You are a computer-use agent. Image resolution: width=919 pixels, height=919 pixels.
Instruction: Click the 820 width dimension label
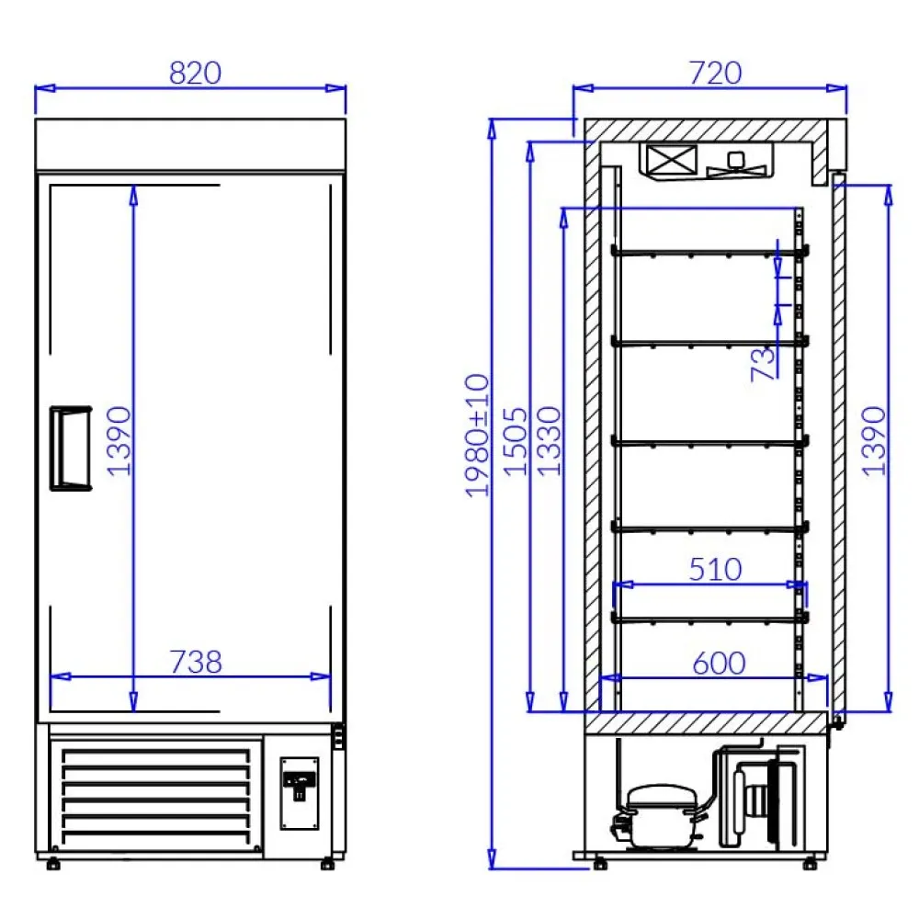coord(195,74)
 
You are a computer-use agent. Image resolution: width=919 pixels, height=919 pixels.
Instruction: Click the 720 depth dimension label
coord(714,74)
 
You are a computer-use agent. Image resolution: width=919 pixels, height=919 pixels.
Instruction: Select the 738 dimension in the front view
coord(196,661)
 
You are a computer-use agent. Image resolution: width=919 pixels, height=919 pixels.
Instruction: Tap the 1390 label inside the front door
coord(119,440)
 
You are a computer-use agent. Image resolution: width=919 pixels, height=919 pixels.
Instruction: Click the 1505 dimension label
coord(517,440)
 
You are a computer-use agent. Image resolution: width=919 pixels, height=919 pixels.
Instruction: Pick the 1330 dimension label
coord(549,440)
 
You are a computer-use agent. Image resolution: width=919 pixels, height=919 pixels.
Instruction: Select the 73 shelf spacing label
coord(763,364)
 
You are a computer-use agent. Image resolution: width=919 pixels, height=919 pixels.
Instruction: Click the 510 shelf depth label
coord(714,569)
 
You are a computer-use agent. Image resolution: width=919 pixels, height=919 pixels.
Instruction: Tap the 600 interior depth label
coord(718,663)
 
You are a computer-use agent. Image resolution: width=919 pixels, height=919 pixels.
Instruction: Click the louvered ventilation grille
coord(156,795)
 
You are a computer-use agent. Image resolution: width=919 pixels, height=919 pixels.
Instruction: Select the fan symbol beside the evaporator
coord(736,164)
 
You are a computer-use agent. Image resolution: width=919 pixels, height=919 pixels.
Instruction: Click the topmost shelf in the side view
coord(708,252)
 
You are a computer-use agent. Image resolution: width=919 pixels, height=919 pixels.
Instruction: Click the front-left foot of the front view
coord(51,864)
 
